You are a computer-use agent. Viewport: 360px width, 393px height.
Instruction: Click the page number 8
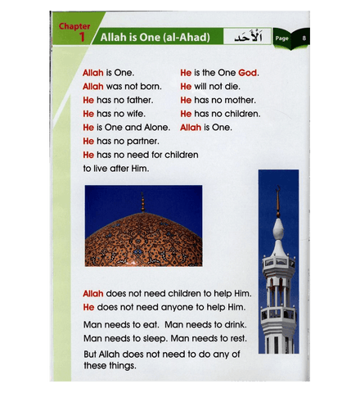(x=304, y=38)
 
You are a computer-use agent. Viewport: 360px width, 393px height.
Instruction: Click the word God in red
(x=248, y=72)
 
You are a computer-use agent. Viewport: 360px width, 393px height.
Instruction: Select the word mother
(x=242, y=100)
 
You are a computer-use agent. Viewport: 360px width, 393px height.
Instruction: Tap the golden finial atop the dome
(x=142, y=201)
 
